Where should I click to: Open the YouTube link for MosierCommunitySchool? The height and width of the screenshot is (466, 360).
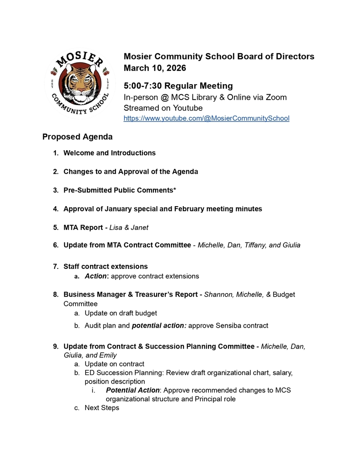(206, 118)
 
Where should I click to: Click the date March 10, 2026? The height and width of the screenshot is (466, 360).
(155, 68)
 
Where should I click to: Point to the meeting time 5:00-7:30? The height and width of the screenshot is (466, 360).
(142, 86)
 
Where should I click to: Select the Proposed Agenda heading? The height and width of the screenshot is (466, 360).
(77, 137)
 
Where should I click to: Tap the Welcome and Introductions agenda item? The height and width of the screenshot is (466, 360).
(109, 153)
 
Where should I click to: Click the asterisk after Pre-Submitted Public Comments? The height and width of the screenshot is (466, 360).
(175, 190)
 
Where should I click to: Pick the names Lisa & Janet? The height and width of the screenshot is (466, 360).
(129, 228)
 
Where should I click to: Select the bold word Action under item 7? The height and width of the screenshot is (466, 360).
(96, 276)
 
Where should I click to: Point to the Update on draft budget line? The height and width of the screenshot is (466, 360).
(121, 313)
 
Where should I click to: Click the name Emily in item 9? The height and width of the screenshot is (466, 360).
(107, 355)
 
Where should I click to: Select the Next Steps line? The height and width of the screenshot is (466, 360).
(101, 408)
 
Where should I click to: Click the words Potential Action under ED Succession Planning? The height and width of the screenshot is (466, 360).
(132, 390)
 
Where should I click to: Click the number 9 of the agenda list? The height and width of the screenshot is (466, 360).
(56, 347)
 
